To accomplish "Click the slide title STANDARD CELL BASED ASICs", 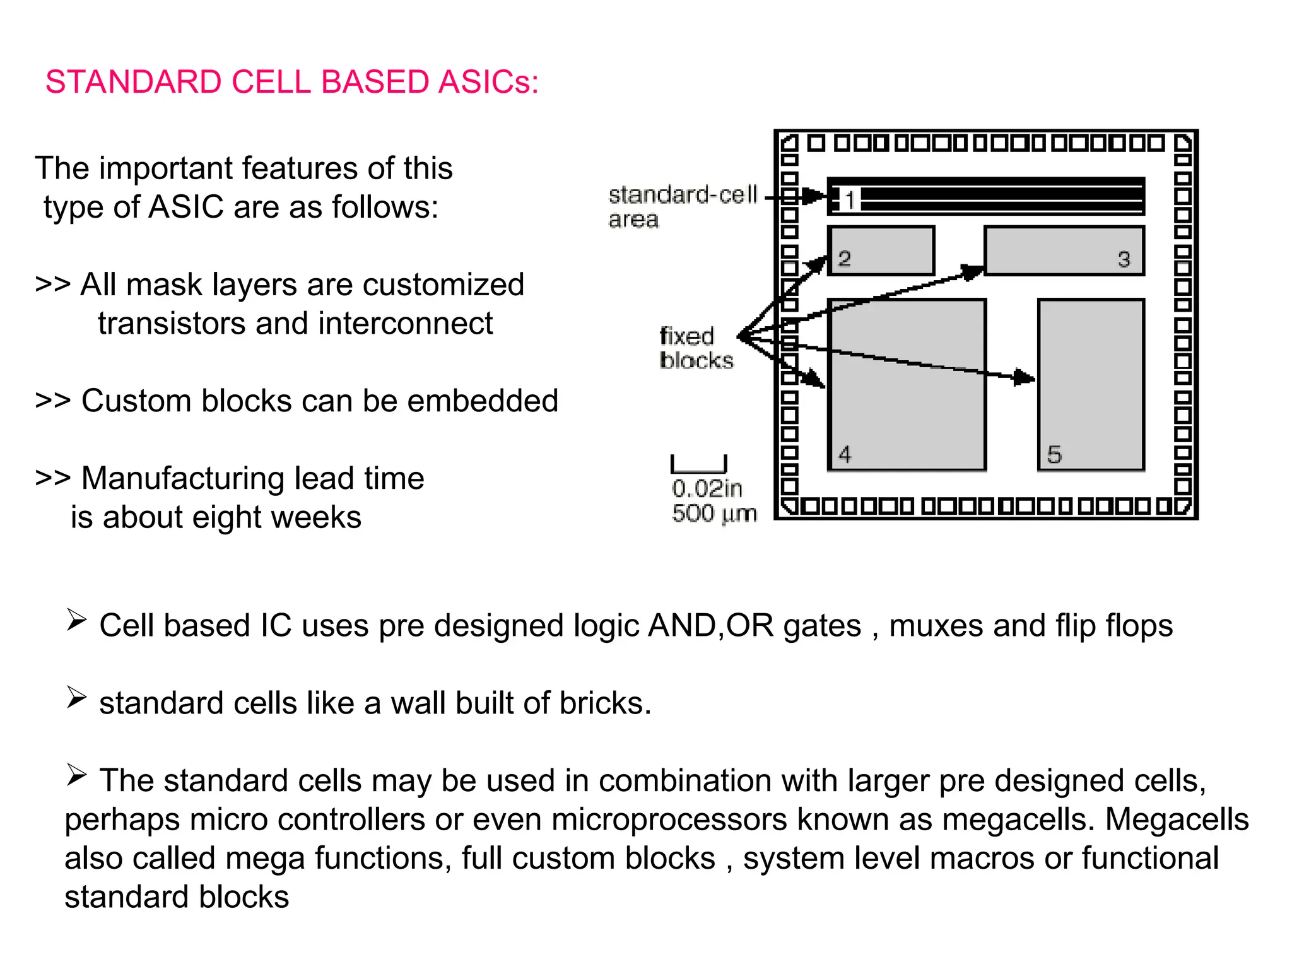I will [x=292, y=82].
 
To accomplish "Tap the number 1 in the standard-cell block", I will [x=850, y=200].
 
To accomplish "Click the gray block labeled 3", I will [x=1064, y=250].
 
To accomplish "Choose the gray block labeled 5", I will [x=1091, y=404].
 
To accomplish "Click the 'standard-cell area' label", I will [x=682, y=206].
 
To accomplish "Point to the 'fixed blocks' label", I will [x=696, y=348].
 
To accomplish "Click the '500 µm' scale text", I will [x=714, y=514].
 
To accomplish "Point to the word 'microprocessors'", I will [x=669, y=819].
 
